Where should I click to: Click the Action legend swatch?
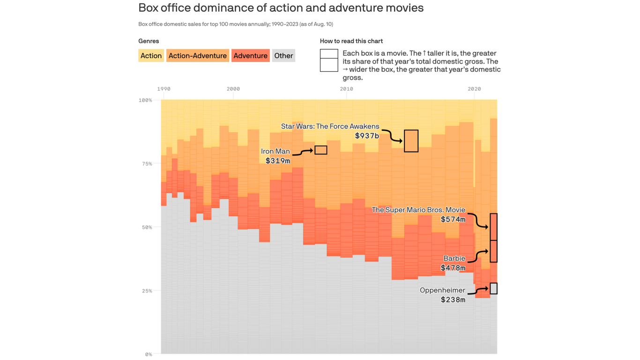(x=151, y=56)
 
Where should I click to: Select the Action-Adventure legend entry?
(x=197, y=56)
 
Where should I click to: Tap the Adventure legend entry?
(x=250, y=56)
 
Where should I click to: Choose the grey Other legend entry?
(x=283, y=56)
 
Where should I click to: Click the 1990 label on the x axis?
(x=164, y=89)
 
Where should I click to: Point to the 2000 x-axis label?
(x=233, y=89)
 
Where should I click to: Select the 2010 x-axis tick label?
(x=346, y=89)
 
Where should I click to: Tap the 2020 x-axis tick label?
(x=474, y=89)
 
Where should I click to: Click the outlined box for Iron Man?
(x=321, y=150)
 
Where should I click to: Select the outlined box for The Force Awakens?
(x=411, y=141)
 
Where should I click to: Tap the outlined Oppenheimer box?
(x=493, y=288)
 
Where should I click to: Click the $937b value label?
(x=367, y=136)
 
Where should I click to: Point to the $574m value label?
(x=453, y=219)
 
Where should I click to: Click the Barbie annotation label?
(x=454, y=258)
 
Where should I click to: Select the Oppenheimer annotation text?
(x=442, y=290)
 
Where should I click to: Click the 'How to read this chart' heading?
(x=351, y=41)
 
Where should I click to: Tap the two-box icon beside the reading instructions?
(x=329, y=60)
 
